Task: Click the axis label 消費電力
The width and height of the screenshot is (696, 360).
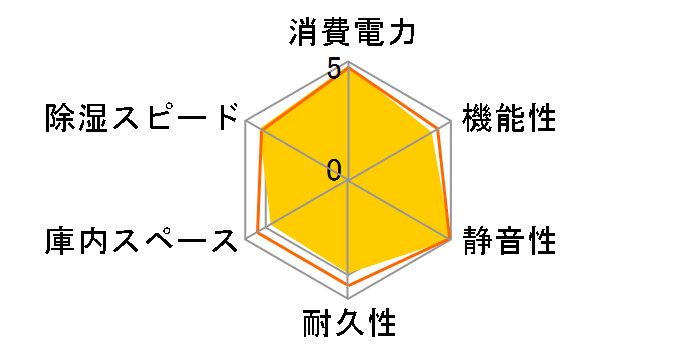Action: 349,32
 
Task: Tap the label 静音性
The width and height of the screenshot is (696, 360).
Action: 507,241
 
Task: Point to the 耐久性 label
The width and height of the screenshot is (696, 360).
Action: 349,325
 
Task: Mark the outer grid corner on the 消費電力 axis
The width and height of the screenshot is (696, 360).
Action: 349,61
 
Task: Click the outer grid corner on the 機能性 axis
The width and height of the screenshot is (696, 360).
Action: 452,121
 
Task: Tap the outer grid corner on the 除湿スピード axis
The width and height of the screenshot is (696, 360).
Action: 246,121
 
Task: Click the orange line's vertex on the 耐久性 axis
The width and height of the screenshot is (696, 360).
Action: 349,285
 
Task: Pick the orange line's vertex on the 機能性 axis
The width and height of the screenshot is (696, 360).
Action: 438,129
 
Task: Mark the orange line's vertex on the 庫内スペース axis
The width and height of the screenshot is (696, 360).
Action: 257,233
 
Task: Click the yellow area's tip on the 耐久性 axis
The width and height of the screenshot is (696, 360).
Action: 349,273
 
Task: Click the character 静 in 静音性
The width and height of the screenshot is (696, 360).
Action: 476,241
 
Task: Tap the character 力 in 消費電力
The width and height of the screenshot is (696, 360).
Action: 401,32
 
